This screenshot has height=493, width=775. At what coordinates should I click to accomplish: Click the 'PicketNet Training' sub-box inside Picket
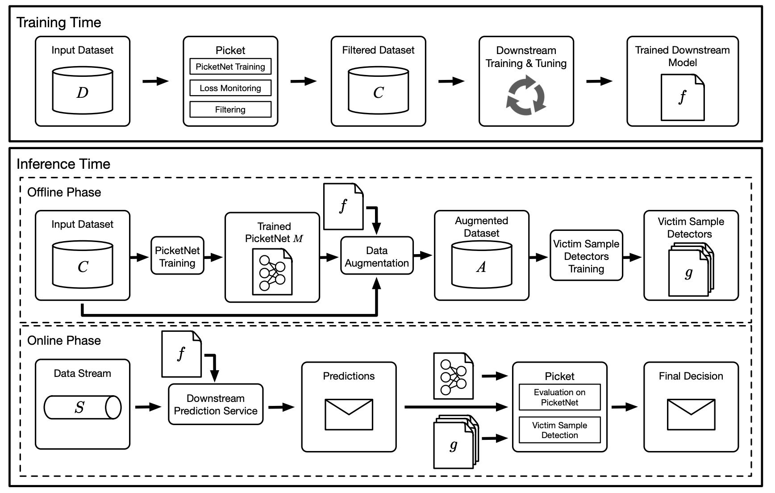click(230, 67)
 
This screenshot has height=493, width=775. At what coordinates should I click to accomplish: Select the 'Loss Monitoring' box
click(230, 88)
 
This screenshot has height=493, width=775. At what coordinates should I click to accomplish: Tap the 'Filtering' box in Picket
click(230, 109)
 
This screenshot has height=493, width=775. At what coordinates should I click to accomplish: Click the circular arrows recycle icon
click(526, 95)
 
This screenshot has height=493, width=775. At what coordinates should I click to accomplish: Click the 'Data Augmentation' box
click(377, 257)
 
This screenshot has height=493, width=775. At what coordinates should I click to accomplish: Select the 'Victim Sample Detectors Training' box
click(586, 256)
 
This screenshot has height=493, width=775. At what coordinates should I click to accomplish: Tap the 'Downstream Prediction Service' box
click(216, 405)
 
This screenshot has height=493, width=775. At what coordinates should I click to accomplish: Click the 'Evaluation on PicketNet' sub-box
click(559, 397)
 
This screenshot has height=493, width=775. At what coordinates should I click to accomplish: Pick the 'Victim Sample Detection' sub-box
click(559, 430)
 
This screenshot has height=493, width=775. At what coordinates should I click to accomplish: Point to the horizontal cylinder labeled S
click(83, 407)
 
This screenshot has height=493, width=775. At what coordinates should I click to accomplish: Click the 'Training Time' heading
click(58, 22)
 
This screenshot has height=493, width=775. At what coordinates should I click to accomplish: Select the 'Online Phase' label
click(64, 341)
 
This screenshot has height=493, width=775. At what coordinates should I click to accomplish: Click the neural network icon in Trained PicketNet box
click(272, 272)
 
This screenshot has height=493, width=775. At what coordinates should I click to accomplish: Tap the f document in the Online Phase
click(181, 354)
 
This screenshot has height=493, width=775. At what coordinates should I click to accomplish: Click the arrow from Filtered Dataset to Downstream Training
click(452, 81)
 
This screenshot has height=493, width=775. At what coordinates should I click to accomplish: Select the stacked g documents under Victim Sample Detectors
click(690, 271)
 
